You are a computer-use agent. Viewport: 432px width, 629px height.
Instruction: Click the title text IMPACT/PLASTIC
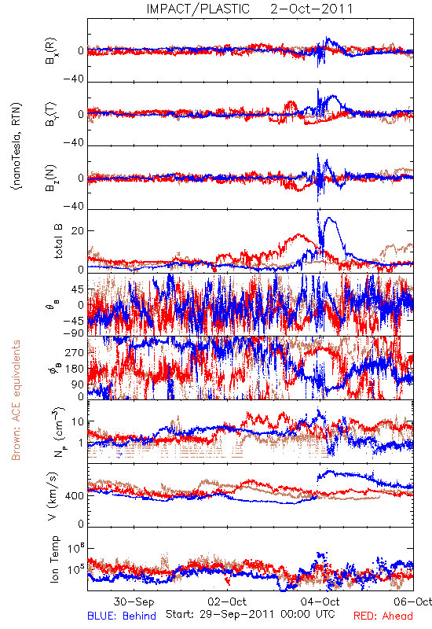coord(198,9)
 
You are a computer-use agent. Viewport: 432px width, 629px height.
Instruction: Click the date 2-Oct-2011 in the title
coord(311,9)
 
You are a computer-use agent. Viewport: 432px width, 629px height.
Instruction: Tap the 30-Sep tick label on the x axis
coord(134,601)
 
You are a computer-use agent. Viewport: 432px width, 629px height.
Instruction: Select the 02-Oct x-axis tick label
coord(227,601)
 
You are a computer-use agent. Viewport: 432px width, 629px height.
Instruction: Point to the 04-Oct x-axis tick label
coord(320,601)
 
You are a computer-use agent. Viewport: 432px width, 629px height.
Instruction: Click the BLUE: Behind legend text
coord(122,616)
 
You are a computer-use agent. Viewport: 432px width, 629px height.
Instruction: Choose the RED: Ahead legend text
coord(383,616)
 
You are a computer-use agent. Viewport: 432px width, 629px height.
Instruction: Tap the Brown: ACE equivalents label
coord(16,400)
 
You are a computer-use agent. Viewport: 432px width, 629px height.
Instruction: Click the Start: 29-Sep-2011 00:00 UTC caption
coord(251,614)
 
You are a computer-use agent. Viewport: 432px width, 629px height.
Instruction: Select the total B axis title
coord(58,241)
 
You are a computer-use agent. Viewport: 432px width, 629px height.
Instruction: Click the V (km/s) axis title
coord(53,496)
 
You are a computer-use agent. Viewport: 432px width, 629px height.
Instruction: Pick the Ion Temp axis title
coord(54,559)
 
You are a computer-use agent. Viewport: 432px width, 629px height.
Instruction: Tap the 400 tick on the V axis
coord(75,496)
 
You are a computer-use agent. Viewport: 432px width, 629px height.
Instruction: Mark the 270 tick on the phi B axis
coord(75,352)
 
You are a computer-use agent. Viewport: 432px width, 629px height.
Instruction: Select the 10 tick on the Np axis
coord(77,422)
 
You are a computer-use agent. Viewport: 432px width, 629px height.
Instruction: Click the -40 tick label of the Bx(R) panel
coord(74,79)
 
